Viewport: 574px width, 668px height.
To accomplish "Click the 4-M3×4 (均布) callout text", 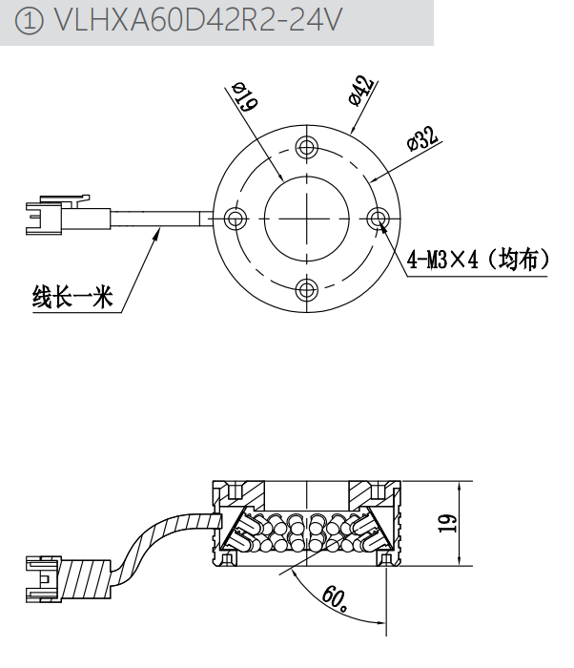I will [x=477, y=259].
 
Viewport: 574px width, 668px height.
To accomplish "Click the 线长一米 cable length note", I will [x=73, y=299].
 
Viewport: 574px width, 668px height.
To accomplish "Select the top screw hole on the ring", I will [x=307, y=146].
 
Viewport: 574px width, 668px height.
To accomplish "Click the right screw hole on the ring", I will [x=379, y=219].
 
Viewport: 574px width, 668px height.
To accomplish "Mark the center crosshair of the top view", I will [x=307, y=219].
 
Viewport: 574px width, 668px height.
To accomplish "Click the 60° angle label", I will [x=334, y=597].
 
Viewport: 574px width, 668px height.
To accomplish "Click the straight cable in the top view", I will [x=157, y=219].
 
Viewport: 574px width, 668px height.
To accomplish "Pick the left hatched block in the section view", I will [x=229, y=494].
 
